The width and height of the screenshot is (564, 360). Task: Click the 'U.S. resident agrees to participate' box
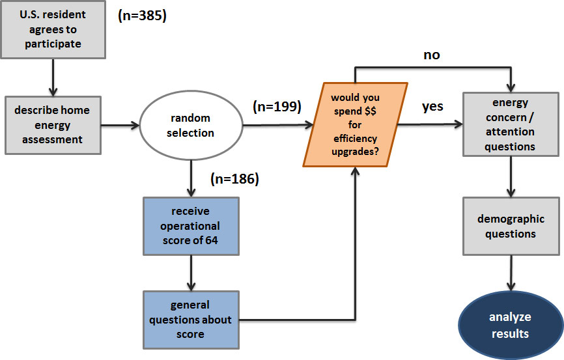click(53, 30)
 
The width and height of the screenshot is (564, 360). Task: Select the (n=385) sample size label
click(142, 16)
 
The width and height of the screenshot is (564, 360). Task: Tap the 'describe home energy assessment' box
click(53, 125)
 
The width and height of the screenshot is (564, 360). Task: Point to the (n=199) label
click(276, 107)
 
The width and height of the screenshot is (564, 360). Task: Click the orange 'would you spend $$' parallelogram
click(355, 125)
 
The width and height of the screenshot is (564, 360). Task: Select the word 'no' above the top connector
click(432, 55)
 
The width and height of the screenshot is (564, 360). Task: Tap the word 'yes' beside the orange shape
click(432, 106)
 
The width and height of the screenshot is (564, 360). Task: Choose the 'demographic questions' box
click(511, 226)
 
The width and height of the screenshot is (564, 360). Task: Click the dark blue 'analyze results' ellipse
click(510, 325)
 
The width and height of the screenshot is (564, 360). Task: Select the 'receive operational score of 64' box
click(191, 225)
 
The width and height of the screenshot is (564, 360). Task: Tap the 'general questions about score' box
click(191, 320)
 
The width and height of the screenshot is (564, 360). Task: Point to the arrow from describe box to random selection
click(120, 125)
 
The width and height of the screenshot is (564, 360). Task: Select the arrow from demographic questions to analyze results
click(510, 273)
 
